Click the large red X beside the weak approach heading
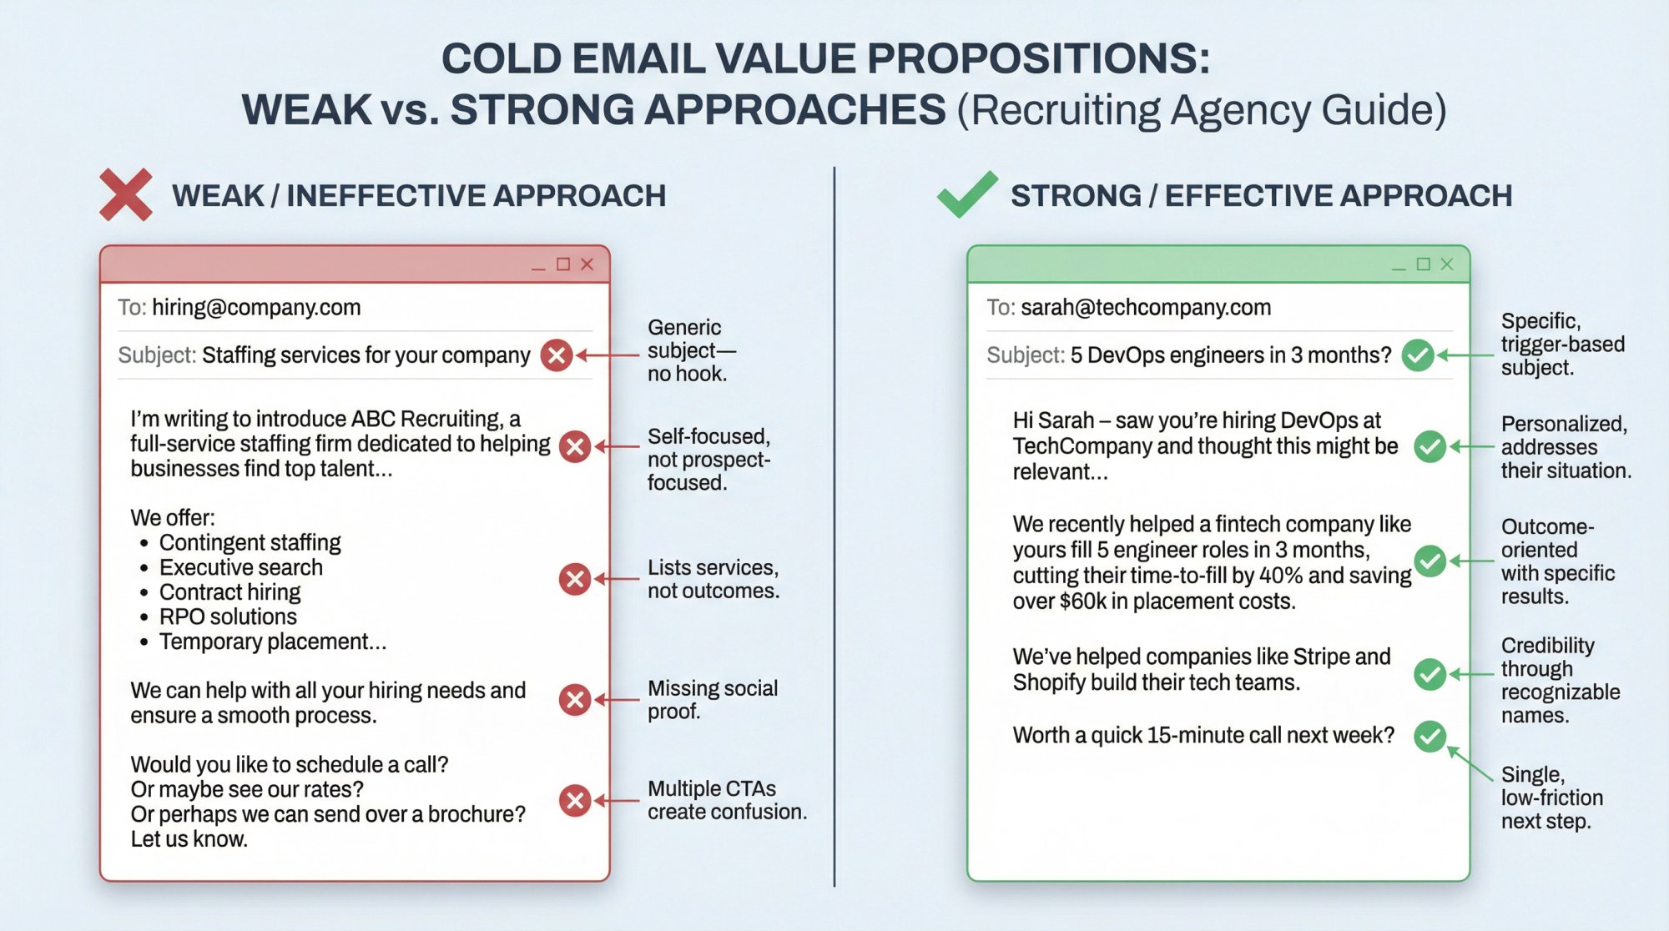(x=125, y=194)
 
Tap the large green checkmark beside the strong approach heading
(x=966, y=194)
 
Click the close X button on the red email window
(x=587, y=264)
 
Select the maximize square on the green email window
(x=1424, y=264)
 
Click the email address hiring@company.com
(x=256, y=308)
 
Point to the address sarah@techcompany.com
(x=1146, y=308)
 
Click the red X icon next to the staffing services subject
(x=557, y=355)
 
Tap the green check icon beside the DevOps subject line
(x=1417, y=355)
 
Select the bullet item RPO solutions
(x=228, y=616)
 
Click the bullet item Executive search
(x=240, y=567)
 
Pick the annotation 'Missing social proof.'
(x=712, y=700)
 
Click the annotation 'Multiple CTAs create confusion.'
(x=726, y=800)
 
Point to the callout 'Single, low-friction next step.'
(x=1551, y=798)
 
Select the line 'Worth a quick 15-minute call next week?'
(x=1203, y=735)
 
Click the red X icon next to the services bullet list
(x=575, y=579)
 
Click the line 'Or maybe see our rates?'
(x=247, y=789)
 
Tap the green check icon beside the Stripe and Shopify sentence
(x=1429, y=674)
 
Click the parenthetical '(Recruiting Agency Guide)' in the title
(x=1201, y=110)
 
